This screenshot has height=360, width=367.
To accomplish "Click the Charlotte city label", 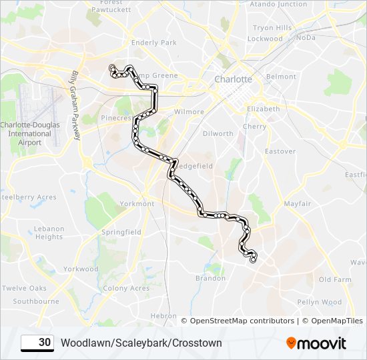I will click(x=233, y=79).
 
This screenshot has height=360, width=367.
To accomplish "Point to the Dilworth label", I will click(x=218, y=133).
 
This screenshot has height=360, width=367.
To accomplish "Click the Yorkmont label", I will click(x=136, y=204).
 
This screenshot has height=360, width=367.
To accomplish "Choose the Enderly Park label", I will click(x=153, y=43).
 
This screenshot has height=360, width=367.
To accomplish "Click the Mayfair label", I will click(x=297, y=203).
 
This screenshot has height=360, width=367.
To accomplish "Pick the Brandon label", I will click(x=210, y=279).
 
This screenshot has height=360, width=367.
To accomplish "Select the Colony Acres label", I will click(x=126, y=288).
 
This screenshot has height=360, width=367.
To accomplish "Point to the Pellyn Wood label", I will click(x=320, y=302).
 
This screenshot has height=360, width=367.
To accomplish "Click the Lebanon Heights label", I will click(x=49, y=233).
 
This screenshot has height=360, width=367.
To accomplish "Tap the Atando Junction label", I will click(x=278, y=4).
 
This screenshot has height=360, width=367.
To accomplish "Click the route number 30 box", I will click(x=37, y=343).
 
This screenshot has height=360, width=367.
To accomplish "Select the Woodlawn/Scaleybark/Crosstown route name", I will click(x=141, y=343).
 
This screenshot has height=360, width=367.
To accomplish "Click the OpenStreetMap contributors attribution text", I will click(x=242, y=321).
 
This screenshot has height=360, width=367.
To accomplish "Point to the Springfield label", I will click(x=121, y=232).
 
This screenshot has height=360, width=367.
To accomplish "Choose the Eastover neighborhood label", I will click(x=280, y=151).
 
